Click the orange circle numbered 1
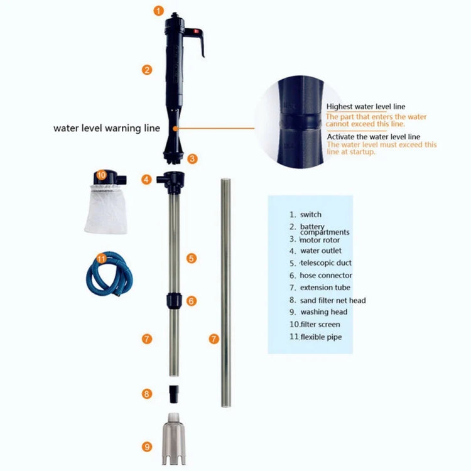[x=158, y=11]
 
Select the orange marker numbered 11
[x=102, y=258]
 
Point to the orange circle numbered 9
[x=147, y=447]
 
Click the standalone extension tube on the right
[x=224, y=292]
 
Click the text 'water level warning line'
[x=107, y=127]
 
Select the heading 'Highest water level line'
[x=365, y=107]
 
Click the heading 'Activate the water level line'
[x=373, y=136]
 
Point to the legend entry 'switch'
[x=310, y=215]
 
